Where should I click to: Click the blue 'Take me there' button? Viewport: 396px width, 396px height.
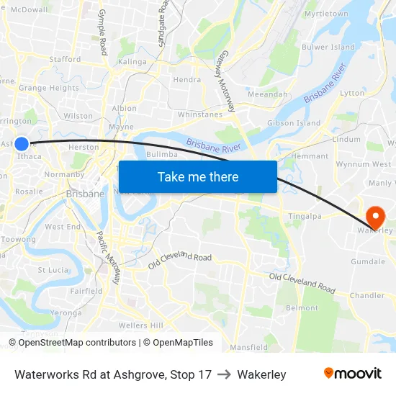[x=198, y=177]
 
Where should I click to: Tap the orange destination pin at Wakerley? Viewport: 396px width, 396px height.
[x=375, y=217]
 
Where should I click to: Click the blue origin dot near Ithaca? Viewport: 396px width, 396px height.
[x=22, y=143]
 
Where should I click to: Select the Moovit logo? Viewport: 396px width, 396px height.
[x=353, y=374]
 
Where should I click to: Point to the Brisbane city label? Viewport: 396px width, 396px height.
[x=85, y=194]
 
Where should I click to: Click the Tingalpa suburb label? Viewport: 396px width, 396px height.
[x=305, y=216]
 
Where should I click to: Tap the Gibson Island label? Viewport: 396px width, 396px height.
[x=294, y=123]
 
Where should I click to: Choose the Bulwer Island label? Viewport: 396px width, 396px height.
[x=328, y=47]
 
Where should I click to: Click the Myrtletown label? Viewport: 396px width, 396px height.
[x=326, y=14]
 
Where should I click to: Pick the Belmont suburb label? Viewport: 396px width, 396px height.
[x=302, y=307]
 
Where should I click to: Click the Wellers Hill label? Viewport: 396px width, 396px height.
[x=140, y=325]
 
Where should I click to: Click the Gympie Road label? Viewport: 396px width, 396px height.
[x=102, y=32]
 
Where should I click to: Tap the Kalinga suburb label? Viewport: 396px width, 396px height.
[x=132, y=62]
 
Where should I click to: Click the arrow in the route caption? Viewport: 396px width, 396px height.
[x=224, y=374]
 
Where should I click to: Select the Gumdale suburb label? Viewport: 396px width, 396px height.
[x=368, y=261]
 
